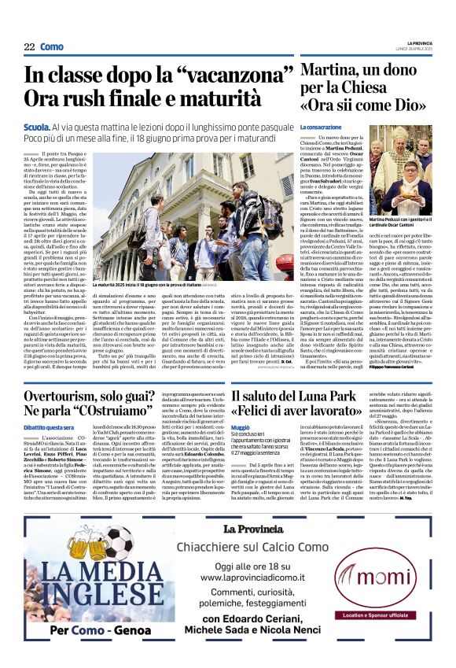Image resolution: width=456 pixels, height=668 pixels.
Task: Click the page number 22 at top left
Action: pos(28,47)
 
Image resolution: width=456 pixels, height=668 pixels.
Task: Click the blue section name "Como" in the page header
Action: pos(52,47)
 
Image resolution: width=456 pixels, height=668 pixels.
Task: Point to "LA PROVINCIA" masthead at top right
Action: pos(418,42)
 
